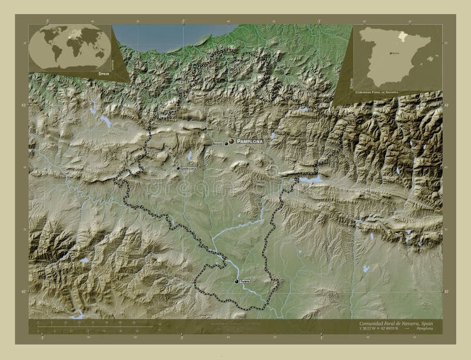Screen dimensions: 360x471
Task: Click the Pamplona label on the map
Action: pyautogui.click(x=250, y=142)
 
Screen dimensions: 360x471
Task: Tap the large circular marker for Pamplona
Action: pyautogui.click(x=231, y=141)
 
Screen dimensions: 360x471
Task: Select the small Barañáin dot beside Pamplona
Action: pyautogui.click(x=226, y=143)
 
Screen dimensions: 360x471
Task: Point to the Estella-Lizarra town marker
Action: pyautogui.click(x=178, y=168)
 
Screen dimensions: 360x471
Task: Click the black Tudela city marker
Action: pyautogui.click(x=237, y=282)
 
